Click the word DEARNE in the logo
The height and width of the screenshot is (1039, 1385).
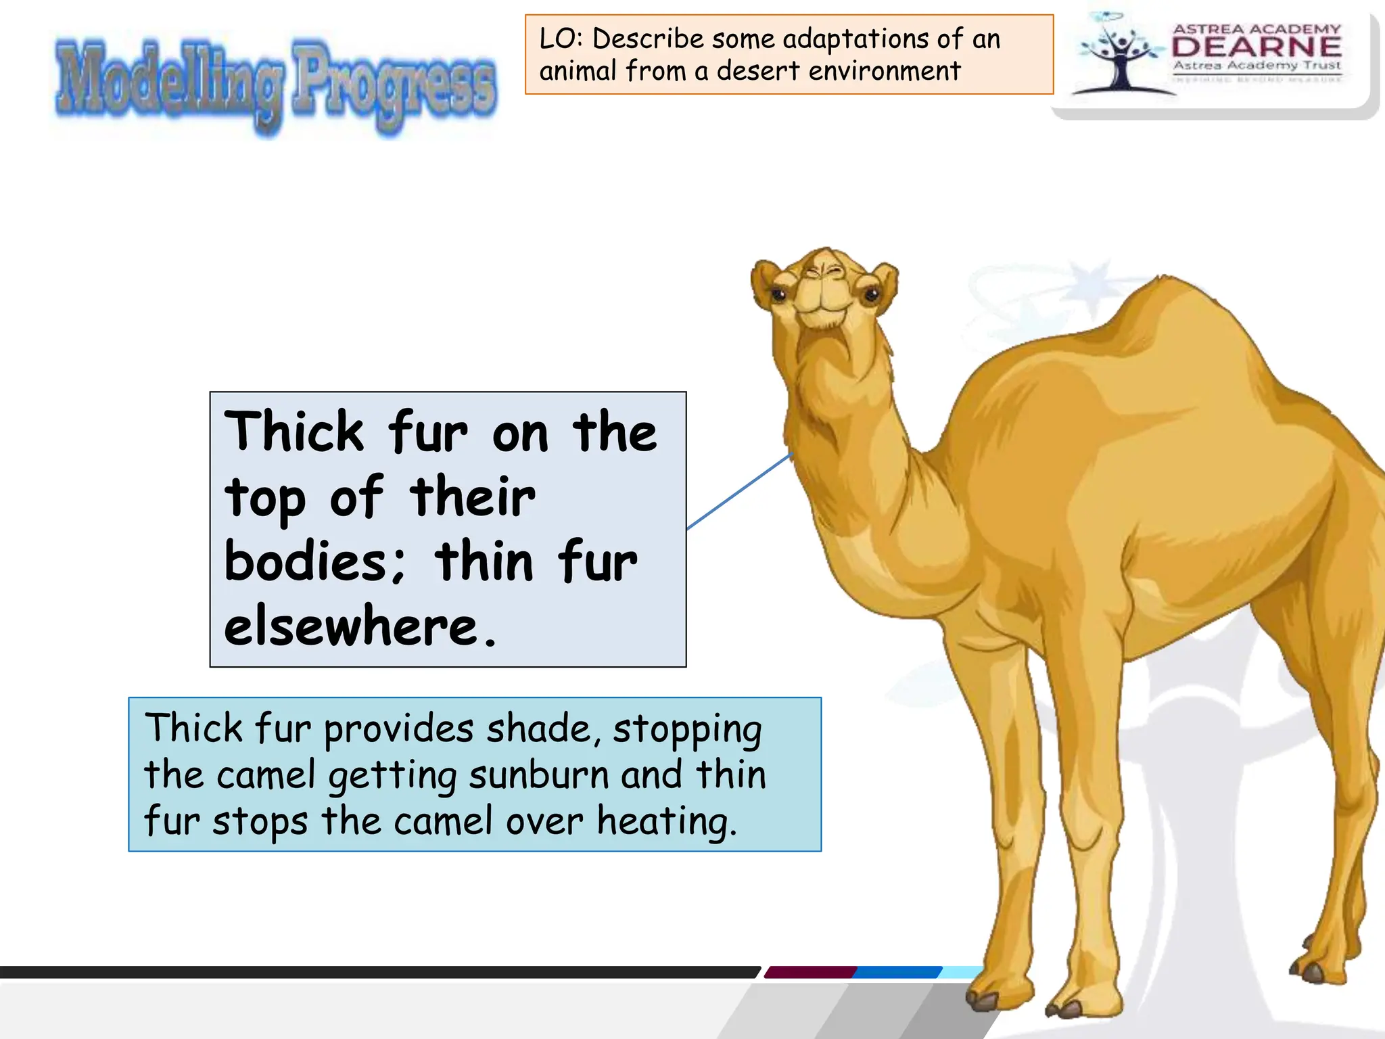(1257, 47)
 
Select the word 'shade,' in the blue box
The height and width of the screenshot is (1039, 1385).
(544, 729)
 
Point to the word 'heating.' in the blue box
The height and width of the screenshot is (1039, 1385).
(666, 822)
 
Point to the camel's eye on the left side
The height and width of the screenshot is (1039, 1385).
(778, 294)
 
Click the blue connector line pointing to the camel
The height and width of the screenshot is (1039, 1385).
(739, 492)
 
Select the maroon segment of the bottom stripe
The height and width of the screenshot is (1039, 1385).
(810, 973)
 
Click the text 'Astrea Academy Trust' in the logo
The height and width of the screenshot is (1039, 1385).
(1257, 66)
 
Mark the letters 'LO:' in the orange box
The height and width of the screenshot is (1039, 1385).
(561, 39)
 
